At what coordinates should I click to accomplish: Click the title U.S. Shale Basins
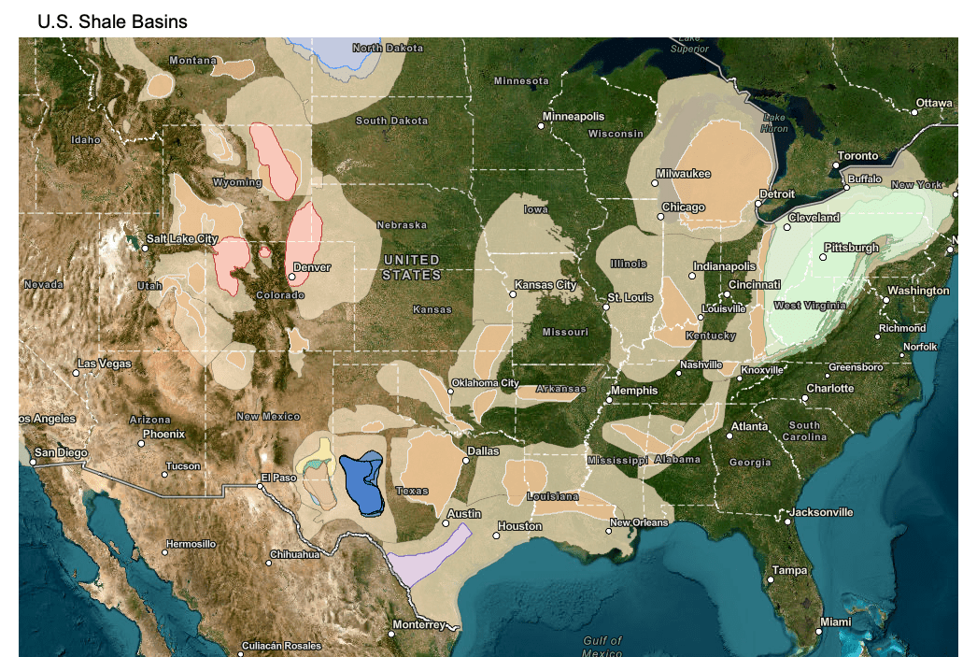click(112, 21)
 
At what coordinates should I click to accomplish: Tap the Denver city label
click(312, 266)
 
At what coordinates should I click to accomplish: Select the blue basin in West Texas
click(361, 480)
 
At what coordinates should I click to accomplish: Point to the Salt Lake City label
click(182, 239)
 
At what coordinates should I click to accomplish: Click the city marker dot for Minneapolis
click(540, 125)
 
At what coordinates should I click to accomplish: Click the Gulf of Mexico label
click(602, 646)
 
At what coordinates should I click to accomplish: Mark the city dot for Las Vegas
click(76, 373)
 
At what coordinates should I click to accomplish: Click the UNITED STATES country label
click(411, 267)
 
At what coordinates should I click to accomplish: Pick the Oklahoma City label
click(484, 382)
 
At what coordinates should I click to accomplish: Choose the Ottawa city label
click(933, 103)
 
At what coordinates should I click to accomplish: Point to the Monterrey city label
click(418, 624)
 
